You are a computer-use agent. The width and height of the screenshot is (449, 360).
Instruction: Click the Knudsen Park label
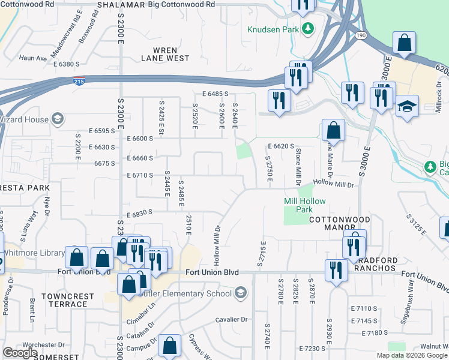(x=274, y=29)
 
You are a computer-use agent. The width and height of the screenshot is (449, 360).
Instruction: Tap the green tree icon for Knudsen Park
(x=309, y=28)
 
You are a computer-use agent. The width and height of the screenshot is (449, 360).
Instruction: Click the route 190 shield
(x=360, y=35)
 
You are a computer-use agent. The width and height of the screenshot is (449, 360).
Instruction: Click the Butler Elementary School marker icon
(x=240, y=293)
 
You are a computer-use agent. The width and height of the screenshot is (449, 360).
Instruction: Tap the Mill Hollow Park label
(x=298, y=206)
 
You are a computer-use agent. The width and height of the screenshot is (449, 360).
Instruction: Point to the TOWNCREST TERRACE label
(x=68, y=300)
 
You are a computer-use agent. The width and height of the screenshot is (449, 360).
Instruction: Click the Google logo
(x=20, y=352)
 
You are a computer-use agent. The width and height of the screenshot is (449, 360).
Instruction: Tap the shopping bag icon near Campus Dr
(x=169, y=346)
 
